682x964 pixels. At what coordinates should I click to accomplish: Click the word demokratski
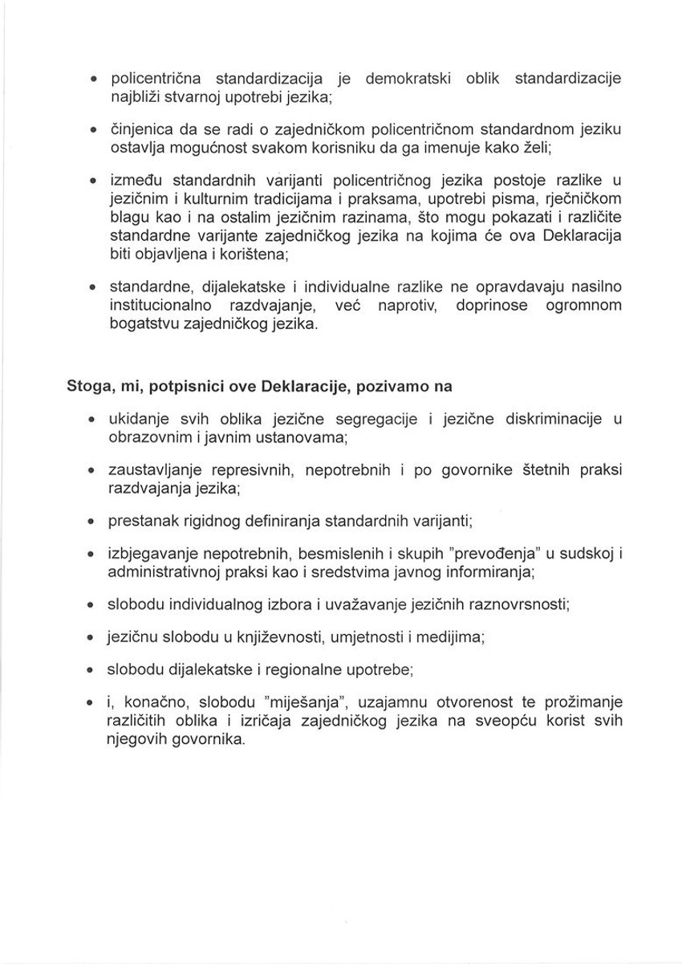pos(408,79)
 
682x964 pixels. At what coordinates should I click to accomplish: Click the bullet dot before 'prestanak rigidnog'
pos(92,522)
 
